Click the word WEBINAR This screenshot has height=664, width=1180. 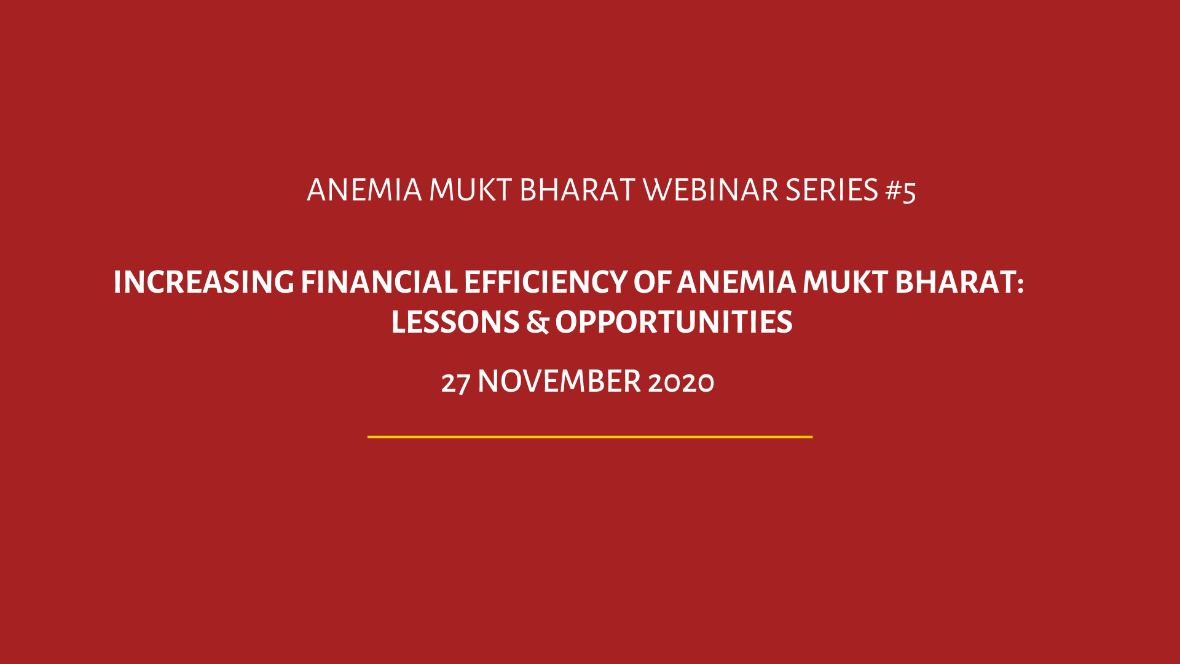point(711,190)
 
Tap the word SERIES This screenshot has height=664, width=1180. point(832,190)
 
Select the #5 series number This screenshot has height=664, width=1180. point(901,191)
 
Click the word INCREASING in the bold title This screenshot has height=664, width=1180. point(204,282)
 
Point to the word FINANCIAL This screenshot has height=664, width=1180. point(379,282)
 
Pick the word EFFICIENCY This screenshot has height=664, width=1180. point(545,282)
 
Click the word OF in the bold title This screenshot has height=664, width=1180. point(652,282)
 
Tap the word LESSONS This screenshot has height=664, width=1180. point(455,322)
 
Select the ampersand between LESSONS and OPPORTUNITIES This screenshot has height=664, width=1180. point(537,322)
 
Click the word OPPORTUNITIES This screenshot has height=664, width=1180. point(674,322)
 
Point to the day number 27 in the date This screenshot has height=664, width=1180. point(455,382)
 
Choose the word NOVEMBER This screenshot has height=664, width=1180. point(559,381)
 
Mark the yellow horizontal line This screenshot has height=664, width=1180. point(590,437)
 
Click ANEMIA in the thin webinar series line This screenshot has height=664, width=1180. point(364,190)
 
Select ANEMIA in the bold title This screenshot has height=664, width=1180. point(736,282)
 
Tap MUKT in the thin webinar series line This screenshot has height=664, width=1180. point(470,190)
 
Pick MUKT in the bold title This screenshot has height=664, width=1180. point(845,282)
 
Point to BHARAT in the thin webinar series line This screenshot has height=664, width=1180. point(577,190)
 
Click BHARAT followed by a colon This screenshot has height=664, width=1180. point(959,282)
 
